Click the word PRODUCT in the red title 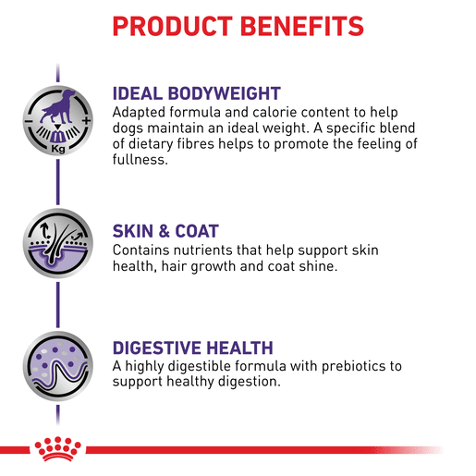point(172,26)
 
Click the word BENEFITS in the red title point(302,26)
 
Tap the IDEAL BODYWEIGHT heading point(197,93)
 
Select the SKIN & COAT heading point(165,231)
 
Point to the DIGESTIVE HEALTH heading point(193,348)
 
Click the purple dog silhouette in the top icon point(58,106)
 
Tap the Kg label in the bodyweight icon point(58,149)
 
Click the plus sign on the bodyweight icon point(87,120)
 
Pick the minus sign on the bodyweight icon point(29,121)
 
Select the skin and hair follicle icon point(58,243)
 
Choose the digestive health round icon point(58,366)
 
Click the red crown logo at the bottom point(57,448)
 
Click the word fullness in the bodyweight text point(140,160)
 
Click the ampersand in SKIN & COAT point(164,231)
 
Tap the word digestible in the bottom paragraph point(200,366)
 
